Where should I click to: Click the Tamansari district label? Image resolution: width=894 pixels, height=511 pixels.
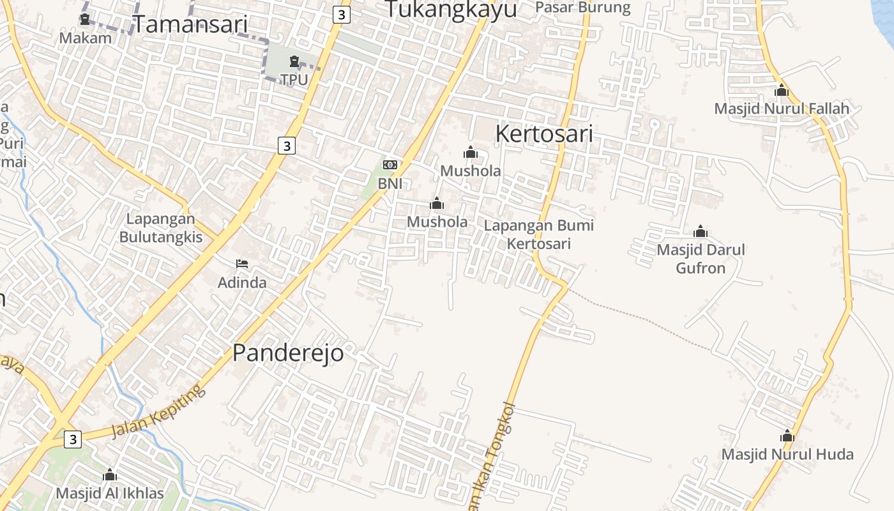coord(190,24)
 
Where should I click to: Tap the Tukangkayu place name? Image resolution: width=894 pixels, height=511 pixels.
coord(451,10)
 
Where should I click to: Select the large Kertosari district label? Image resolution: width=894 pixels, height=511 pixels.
coord(544,134)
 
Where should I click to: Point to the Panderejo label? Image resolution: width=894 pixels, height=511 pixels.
coord(287,353)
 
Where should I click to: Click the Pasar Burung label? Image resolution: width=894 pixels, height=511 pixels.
coord(582,8)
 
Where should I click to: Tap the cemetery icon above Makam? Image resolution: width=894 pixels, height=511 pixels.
coord(85,19)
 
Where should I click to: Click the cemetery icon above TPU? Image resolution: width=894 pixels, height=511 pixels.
coord(294,62)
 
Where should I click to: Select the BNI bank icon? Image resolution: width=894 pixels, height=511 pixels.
coord(390,165)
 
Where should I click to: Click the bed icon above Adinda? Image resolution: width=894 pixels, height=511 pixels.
coord(242,263)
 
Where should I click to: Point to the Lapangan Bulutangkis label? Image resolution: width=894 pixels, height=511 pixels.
coord(160,228)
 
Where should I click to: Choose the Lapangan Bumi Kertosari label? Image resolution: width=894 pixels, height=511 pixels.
coord(538,234)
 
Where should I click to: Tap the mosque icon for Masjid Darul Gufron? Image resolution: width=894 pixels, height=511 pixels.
coord(701,231)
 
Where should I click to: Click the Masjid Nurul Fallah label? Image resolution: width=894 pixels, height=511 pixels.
coord(782,109)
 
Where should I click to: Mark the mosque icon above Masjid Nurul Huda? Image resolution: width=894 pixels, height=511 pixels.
coord(787,436)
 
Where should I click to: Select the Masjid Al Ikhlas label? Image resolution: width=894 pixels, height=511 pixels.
coord(110,493)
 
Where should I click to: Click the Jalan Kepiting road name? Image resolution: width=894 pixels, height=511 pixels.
coord(155,411)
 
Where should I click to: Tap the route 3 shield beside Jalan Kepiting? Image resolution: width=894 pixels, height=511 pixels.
coord(73,439)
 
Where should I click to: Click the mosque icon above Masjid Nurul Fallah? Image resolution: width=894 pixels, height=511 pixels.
coord(782,91)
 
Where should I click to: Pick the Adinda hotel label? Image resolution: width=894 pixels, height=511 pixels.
coord(242,282)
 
